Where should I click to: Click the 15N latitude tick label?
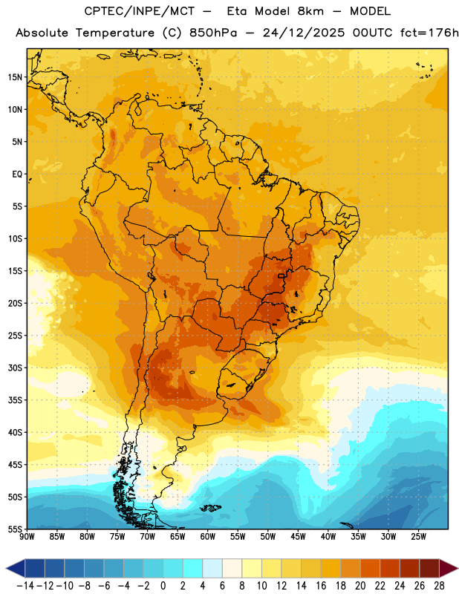pyautogui.click(x=15, y=77)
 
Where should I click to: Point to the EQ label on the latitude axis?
pyautogui.click(x=17, y=174)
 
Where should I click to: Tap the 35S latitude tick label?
pyautogui.click(x=15, y=400)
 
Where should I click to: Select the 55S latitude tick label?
pyautogui.click(x=15, y=529)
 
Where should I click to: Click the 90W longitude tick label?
pyautogui.click(x=27, y=537)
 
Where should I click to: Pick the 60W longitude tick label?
pyautogui.click(x=208, y=537)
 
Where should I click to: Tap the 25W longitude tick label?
pyautogui.click(x=418, y=537)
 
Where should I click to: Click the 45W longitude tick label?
pyautogui.click(x=298, y=537)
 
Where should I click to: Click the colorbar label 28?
pyautogui.click(x=439, y=586)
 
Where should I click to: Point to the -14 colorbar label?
pyautogui.click(x=25, y=586)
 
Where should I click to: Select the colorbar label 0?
pyautogui.click(x=163, y=586)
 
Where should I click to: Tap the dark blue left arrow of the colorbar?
pyautogui.click(x=15, y=568)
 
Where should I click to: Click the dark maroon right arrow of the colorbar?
pyautogui.click(x=449, y=568)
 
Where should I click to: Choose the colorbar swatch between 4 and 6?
pyautogui.click(x=212, y=568)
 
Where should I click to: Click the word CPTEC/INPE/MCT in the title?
pyautogui.click(x=139, y=11)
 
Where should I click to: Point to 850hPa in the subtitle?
pyautogui.click(x=213, y=33)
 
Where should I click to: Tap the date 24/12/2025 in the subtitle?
pyautogui.click(x=304, y=33)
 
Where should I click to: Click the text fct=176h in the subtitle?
pyautogui.click(x=429, y=33)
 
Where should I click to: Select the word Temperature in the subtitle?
pyautogui.click(x=115, y=33)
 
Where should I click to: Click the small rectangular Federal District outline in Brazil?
pyautogui.click(x=281, y=276)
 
